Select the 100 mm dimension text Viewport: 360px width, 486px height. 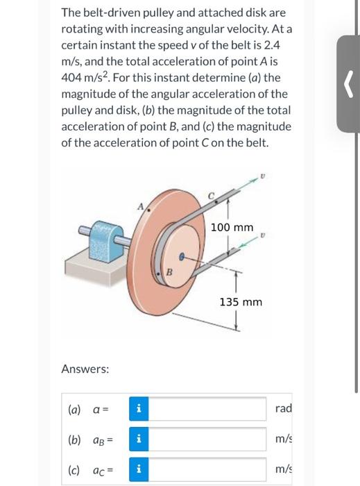[232, 228]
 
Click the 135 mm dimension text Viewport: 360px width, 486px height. [241, 302]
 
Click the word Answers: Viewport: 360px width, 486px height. [85, 369]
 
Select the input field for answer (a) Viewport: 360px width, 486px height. [208, 408]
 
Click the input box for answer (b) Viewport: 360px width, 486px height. [208, 439]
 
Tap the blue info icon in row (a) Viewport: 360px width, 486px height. [137, 408]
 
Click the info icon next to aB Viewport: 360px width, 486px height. [137, 439]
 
